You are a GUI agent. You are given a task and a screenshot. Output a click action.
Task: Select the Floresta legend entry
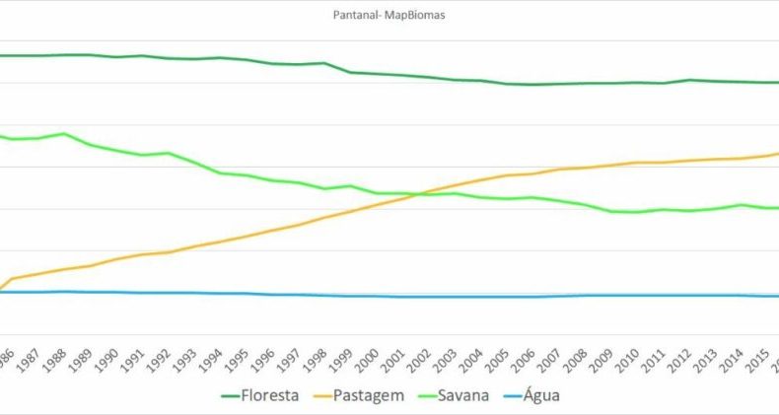point(266,396)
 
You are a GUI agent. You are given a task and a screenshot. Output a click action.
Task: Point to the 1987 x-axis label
point(29,355)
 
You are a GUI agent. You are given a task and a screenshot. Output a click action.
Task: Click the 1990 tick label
point(109,355)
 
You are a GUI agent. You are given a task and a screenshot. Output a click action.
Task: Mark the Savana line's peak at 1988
point(64,133)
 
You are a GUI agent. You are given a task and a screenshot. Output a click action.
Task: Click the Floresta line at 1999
point(351,72)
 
